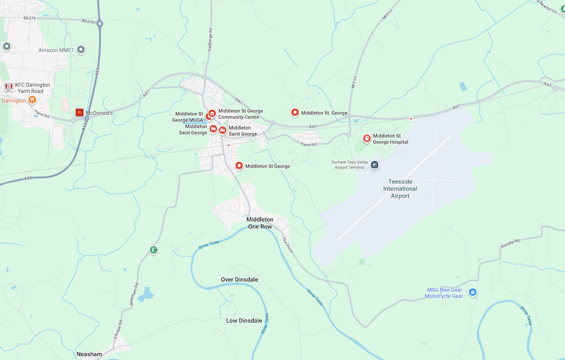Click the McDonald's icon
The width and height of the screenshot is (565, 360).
coord(79,112)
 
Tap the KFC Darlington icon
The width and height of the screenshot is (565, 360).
coord(8,87)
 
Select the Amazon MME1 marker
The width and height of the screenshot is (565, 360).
coord(81,50)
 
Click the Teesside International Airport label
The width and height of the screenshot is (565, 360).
coord(400,189)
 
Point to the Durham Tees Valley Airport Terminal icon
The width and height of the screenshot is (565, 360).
coord(375,164)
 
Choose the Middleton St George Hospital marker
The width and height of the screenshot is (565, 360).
coord(367,138)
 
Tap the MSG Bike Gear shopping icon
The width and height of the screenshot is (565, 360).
coord(473,292)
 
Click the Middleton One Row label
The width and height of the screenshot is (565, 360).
coord(260,223)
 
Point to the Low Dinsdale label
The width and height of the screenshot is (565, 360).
coord(244,320)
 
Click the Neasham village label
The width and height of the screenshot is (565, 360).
coord(90,354)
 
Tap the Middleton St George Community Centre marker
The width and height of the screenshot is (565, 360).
coord(212,114)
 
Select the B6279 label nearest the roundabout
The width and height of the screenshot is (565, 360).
coord(88,21)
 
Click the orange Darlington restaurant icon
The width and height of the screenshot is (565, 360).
coord(32,100)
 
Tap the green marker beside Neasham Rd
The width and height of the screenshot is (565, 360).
coord(153,250)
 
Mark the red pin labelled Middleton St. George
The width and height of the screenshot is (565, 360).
coord(294,113)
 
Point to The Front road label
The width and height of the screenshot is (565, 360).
coord(288,245)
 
